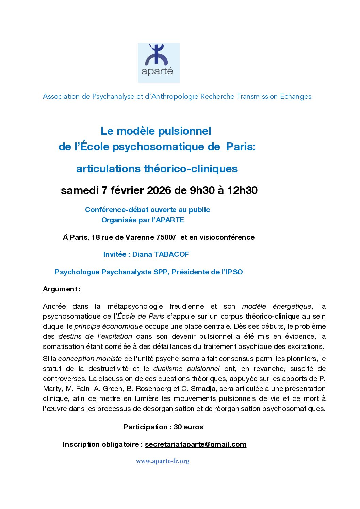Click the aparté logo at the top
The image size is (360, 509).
(x=159, y=63)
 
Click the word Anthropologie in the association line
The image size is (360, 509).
(x=175, y=96)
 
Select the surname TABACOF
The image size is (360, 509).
(x=171, y=254)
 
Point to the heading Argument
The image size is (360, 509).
(x=60, y=289)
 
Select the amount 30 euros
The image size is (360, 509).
(x=188, y=427)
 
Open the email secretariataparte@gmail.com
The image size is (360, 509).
(x=195, y=444)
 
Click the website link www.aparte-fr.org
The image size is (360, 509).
(x=163, y=461)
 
